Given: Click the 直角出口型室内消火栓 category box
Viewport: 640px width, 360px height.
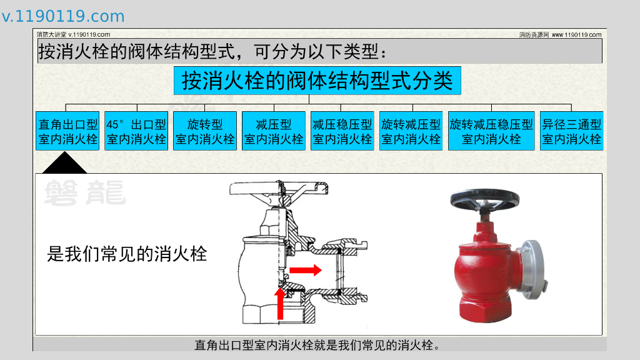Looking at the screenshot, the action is tap(67, 131).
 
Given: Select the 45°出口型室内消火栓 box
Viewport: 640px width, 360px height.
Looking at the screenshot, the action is tap(136, 131).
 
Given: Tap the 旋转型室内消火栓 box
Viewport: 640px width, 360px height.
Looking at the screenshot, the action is tap(205, 131).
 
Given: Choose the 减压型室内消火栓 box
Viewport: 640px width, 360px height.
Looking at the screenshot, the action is tap(274, 131).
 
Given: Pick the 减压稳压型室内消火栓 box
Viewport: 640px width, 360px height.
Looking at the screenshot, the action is tap(342, 131).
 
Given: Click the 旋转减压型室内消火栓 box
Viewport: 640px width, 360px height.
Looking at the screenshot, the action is tap(411, 131).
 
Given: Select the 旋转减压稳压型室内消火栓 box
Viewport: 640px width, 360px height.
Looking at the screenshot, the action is tap(491, 131).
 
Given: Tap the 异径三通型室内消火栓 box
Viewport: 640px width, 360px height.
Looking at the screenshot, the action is tap(571, 131).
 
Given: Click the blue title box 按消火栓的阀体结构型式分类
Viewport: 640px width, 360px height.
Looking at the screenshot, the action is tap(317, 81).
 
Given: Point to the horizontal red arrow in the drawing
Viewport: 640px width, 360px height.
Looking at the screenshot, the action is tap(305, 270).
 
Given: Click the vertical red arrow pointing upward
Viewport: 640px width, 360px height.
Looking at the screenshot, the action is tap(280, 304).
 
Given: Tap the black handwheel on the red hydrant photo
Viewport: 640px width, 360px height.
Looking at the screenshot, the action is tap(485, 199).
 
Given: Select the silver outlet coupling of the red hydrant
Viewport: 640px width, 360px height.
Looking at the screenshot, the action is tap(534, 269).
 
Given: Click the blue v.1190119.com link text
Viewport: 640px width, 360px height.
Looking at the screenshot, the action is tap(63, 16).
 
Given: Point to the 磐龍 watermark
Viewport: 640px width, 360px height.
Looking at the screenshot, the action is tap(85, 192).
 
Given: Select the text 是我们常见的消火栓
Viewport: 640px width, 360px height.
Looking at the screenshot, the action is tap(127, 254).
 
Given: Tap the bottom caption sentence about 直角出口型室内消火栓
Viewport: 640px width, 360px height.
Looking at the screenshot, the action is tap(317, 345).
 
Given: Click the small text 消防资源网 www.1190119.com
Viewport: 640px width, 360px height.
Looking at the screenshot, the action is tap(560, 35).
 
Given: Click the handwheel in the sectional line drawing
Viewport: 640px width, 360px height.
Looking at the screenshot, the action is tap(279, 188).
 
